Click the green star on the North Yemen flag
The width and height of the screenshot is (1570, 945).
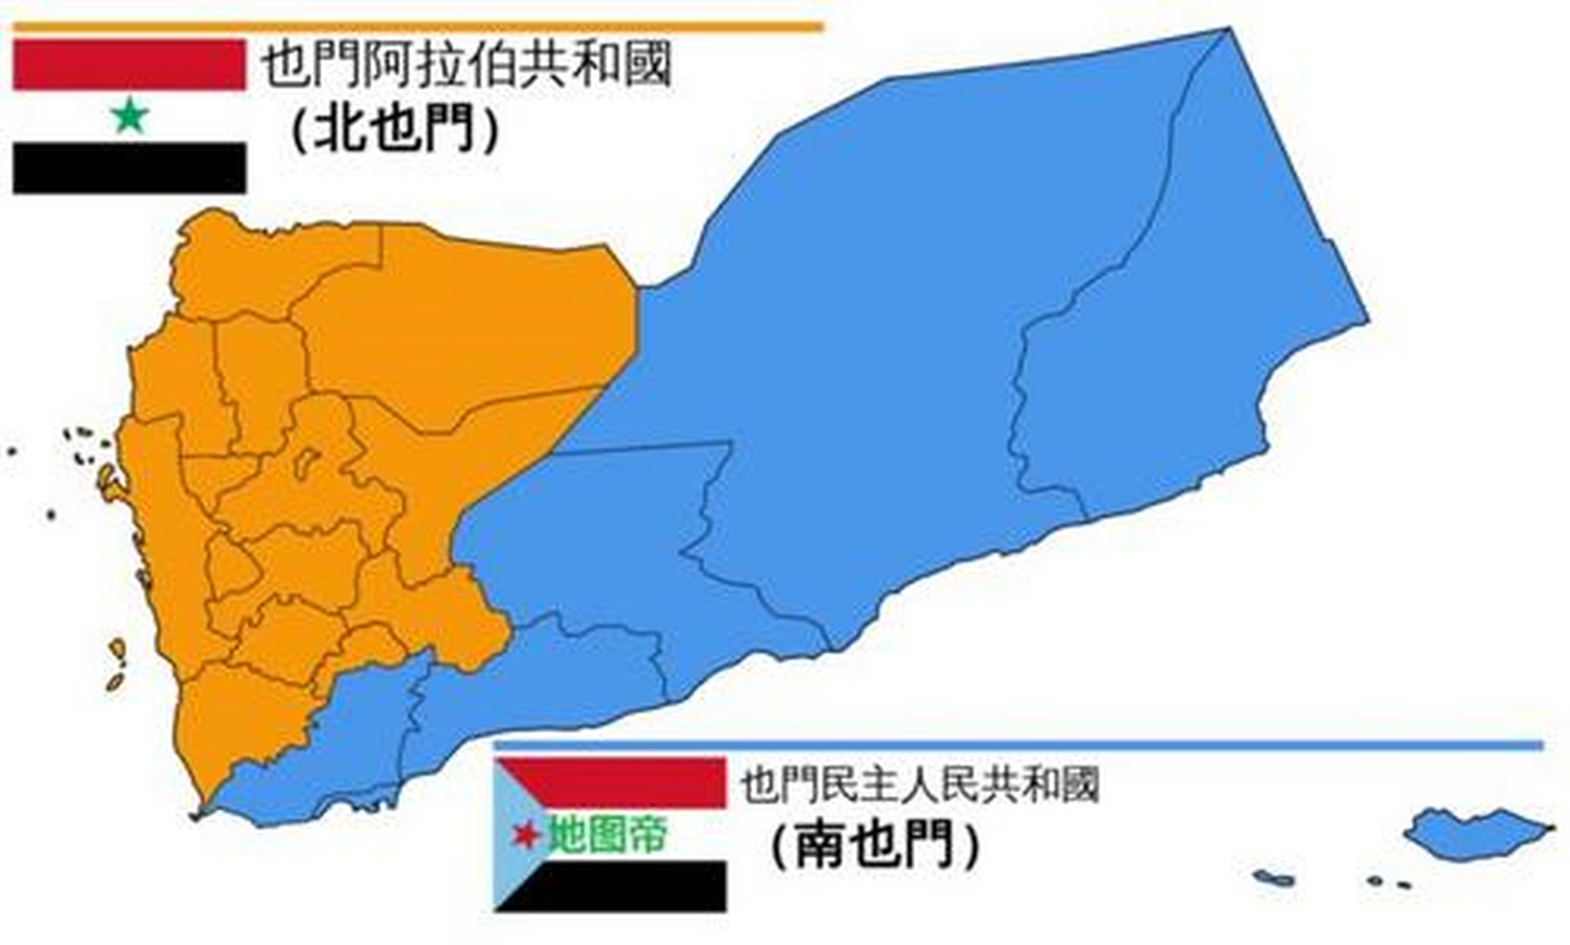coord(131,116)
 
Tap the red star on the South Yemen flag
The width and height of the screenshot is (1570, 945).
coord(526,835)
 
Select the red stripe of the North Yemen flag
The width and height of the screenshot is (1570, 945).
coord(129,65)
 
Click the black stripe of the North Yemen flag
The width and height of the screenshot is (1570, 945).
coord(129,168)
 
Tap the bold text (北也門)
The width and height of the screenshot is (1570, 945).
coord(394,131)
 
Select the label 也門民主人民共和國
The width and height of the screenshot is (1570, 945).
coord(919,785)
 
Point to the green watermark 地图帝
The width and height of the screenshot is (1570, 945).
coord(607,835)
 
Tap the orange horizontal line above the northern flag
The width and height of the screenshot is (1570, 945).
coord(417,28)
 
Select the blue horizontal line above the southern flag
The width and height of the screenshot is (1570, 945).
coord(1019,745)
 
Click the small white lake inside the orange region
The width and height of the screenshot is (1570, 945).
coord(304,462)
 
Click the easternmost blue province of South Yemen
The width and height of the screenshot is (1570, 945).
coord(1182,332)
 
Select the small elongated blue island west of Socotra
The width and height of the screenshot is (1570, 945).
coord(1274,878)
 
